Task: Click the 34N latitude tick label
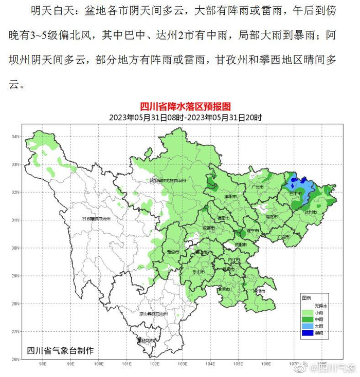coord(15,137)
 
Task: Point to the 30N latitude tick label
coord(15,248)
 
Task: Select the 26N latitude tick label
coord(15,359)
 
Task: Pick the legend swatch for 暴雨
coord(308,333)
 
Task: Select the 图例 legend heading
coord(307,298)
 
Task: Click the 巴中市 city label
coord(295,194)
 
